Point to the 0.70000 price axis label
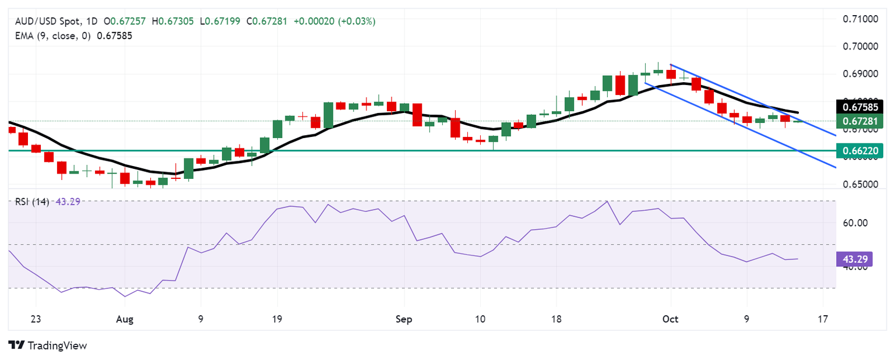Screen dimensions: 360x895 pos(861,47)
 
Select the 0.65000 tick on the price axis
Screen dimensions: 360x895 pos(861,185)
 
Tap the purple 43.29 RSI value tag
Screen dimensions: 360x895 pos(854,259)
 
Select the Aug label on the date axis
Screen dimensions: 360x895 pos(125,319)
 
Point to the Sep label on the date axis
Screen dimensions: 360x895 pos(403,319)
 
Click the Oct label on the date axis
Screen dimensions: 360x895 pos(670,319)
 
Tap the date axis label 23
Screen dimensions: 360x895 pos(36,319)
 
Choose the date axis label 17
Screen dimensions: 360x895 pos(822,319)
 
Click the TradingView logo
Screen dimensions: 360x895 pos(48,345)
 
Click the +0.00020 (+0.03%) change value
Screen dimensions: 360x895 pos(334,22)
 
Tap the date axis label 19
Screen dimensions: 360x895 pos(277,319)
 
